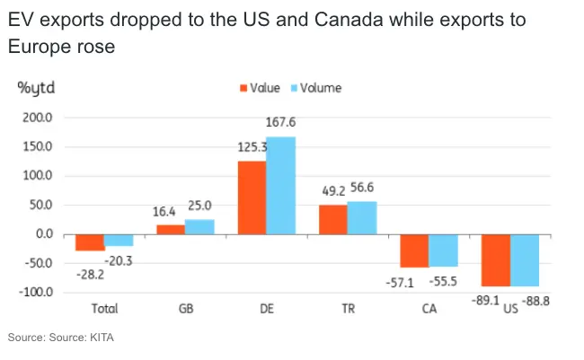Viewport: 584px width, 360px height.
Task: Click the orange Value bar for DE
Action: point(252,198)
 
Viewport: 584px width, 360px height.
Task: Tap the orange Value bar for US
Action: point(496,260)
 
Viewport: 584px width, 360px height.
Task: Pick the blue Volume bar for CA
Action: point(444,250)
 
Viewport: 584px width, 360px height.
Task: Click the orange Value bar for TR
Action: point(333,219)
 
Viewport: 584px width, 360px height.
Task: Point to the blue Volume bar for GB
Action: point(199,226)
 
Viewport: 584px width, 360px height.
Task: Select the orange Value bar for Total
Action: point(90,242)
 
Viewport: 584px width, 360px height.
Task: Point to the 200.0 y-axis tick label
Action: point(38,118)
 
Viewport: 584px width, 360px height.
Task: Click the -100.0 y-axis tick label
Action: point(36,293)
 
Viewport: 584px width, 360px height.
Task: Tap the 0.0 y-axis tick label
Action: point(43,234)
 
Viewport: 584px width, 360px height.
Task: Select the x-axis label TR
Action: point(347,309)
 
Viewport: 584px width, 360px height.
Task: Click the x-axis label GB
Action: point(185,309)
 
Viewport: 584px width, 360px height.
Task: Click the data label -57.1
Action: point(414,282)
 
